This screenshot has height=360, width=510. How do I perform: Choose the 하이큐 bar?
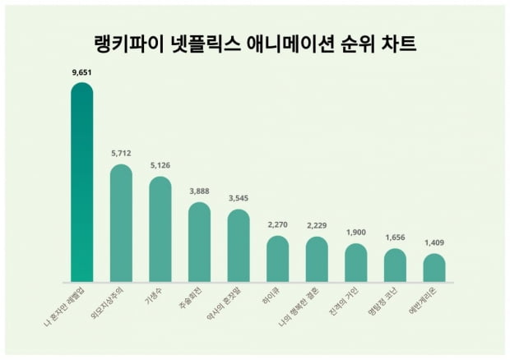click(278, 260)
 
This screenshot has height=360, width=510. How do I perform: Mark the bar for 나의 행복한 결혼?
click(317, 261)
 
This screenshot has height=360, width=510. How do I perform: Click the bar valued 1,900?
click(356, 263)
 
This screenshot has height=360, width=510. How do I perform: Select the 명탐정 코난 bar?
click(395, 266)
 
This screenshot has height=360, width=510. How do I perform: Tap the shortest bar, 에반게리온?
click(434, 269)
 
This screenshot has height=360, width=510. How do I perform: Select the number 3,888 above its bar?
click(199, 191)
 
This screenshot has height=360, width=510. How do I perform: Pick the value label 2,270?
click(278, 224)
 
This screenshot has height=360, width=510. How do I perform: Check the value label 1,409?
click(434, 242)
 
